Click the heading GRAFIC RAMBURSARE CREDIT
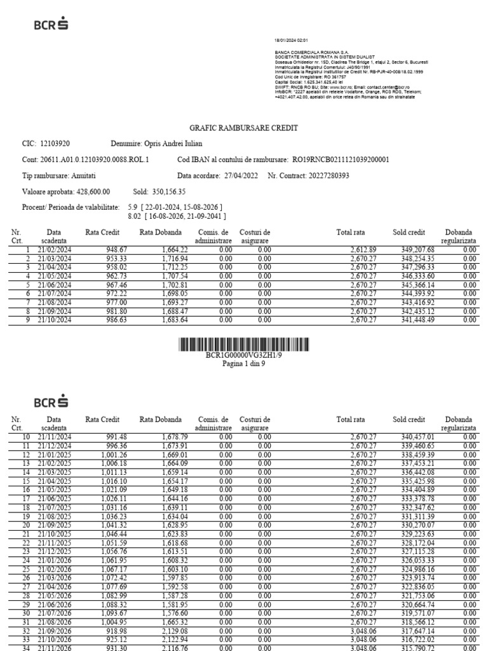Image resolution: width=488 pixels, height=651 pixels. [244, 128]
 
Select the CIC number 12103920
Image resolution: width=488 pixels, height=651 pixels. [55, 144]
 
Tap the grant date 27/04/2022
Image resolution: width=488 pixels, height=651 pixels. [240, 175]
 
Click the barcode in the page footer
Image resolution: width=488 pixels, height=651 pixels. [244, 345]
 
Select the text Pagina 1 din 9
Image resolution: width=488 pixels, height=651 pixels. [244, 364]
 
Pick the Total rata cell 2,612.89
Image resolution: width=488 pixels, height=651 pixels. [363, 250]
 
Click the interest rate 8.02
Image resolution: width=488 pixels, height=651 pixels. [133, 216]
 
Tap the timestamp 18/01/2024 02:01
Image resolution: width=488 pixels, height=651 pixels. [291, 39]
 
